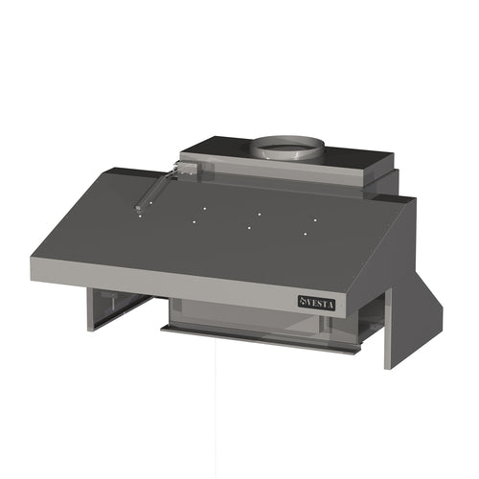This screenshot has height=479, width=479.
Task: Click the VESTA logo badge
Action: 317,302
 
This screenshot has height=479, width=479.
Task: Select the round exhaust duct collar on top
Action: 287,148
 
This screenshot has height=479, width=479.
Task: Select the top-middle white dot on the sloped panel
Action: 259,212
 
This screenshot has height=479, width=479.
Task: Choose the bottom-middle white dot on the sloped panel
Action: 248,228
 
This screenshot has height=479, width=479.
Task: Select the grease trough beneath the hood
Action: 259,337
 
